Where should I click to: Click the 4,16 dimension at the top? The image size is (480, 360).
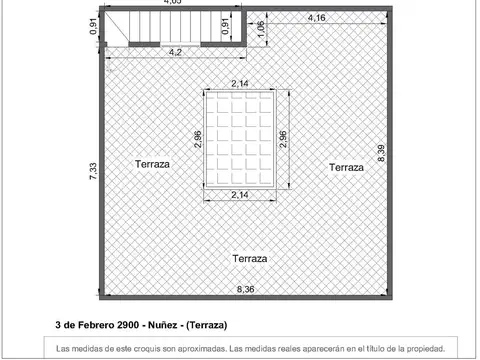tap(317, 18)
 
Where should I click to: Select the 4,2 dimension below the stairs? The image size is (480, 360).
tap(175, 52)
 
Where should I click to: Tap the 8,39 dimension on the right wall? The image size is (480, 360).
tap(381, 153)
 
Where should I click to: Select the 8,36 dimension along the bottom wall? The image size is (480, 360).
tap(245, 290)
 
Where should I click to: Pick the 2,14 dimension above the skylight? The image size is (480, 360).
tap(240, 84)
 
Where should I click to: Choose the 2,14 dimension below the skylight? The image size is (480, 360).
tap(240, 195)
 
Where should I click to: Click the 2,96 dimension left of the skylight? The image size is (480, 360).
tap(198, 139)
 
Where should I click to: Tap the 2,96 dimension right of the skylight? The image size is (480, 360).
tap(283, 139)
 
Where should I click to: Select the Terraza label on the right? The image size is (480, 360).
tap(346, 168)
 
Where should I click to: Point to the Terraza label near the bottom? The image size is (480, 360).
tap(250, 258)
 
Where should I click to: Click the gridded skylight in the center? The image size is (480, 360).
tap(240, 139)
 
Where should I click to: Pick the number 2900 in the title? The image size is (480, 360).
tap(129, 325)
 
